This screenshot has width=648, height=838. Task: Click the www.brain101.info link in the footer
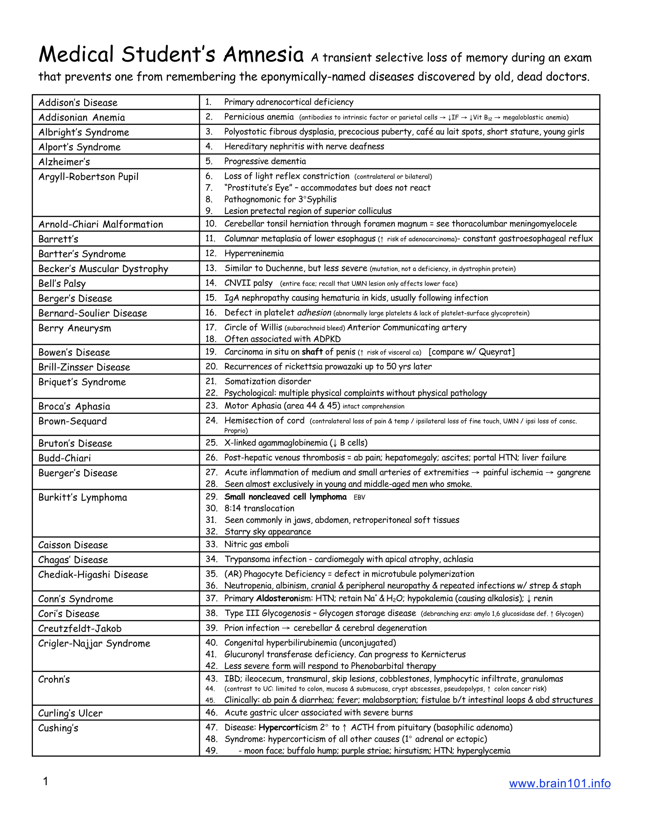click(559, 783)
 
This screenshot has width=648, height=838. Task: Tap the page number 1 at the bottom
click(45, 781)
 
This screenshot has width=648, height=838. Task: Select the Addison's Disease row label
click(78, 102)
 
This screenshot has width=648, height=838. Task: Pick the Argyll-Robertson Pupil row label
click(88, 177)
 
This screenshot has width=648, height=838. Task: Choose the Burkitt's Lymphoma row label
click(83, 498)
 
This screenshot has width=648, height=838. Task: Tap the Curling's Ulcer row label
click(70, 713)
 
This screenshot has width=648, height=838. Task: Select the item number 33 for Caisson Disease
click(211, 545)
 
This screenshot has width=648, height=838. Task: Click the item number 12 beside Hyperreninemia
click(211, 253)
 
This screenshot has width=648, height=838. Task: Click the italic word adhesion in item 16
click(314, 313)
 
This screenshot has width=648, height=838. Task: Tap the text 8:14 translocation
click(259, 508)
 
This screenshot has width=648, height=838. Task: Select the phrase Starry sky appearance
click(268, 532)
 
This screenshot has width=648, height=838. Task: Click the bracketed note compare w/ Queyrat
click(471, 352)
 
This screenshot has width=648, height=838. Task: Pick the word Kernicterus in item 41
click(443, 655)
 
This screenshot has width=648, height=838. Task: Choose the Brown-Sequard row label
click(72, 421)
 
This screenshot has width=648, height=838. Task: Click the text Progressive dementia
click(265, 162)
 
